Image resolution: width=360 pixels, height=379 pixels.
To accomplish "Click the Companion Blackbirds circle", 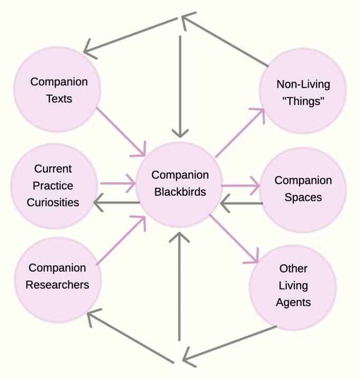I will tap(180, 183).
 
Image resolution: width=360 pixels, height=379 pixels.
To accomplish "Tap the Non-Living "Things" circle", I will tap(302, 92).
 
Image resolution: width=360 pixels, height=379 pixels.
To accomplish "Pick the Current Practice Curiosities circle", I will tap(53, 186).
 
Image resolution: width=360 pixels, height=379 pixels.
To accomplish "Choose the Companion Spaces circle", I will tap(303, 189).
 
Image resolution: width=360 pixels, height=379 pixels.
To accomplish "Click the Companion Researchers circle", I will tap(58, 276).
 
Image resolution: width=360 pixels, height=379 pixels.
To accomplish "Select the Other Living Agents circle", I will tap(293, 286).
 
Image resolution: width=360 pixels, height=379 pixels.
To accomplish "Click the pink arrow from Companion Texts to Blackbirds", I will tap(121, 132).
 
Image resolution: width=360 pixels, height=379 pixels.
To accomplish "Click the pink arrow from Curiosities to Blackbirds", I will tap(117, 184).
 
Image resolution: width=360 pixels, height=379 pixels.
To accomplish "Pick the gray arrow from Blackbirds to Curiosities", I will tap(117, 202).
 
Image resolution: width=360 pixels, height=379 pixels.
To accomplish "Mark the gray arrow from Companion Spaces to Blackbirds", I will tap(241, 203).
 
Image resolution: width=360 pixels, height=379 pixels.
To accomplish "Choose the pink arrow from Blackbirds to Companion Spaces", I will tap(241, 186).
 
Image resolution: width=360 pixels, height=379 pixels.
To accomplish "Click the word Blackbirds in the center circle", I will tap(180, 192).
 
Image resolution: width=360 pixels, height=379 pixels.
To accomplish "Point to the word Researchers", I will tap(58, 285).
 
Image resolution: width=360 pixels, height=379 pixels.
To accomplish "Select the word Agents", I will tap(293, 303).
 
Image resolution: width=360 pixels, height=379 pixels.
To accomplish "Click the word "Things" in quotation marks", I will tap(302, 101).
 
